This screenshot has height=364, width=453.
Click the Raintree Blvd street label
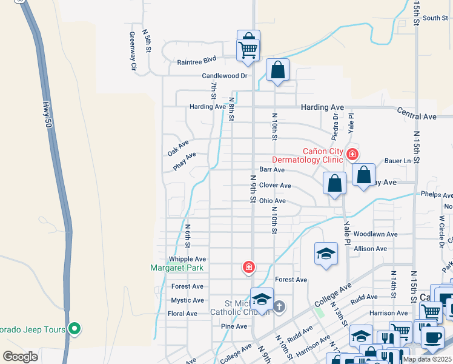(197, 61)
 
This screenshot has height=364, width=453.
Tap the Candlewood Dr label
(225, 76)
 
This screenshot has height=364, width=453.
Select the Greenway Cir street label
(133, 52)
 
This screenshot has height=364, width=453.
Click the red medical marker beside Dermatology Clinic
(352, 155)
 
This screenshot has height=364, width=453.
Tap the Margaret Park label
(177, 268)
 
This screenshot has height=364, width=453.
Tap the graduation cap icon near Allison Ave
(326, 253)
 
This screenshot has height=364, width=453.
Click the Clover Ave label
(275, 186)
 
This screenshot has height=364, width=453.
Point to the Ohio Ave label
(272, 201)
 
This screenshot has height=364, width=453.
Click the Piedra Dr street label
(334, 125)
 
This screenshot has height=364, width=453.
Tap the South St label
(435, 18)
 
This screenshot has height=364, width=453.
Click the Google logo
(20, 356)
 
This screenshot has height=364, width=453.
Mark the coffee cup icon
(432, 337)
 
